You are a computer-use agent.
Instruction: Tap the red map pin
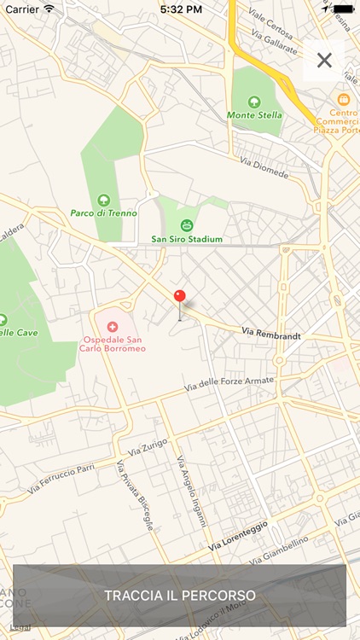click(x=179, y=297)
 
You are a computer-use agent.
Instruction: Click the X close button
click(x=324, y=60)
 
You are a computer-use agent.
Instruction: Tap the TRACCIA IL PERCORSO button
click(x=180, y=595)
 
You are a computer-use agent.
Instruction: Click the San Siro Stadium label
click(x=186, y=239)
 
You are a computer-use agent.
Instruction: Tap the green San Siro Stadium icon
click(x=186, y=225)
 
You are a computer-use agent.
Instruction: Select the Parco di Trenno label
click(x=103, y=213)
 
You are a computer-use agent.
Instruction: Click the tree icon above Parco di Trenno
click(x=104, y=200)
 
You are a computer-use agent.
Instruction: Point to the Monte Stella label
click(x=254, y=114)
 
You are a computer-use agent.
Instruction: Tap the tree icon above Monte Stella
click(x=254, y=101)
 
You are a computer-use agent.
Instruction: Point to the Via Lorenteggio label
click(x=238, y=534)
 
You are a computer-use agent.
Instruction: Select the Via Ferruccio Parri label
click(x=61, y=479)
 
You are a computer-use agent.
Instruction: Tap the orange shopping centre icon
click(x=344, y=99)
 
